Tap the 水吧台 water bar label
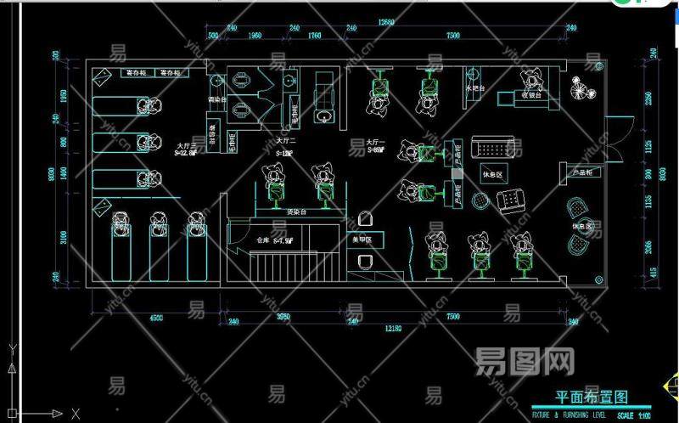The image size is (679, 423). [475, 88]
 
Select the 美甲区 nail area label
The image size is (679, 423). [363, 240]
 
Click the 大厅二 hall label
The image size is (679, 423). [283, 141]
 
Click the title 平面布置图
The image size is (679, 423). [591, 397]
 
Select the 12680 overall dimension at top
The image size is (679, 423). [387, 21]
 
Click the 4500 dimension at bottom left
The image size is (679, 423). [155, 318]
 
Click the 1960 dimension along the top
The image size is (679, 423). [253, 36]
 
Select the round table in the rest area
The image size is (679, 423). [480, 201]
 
